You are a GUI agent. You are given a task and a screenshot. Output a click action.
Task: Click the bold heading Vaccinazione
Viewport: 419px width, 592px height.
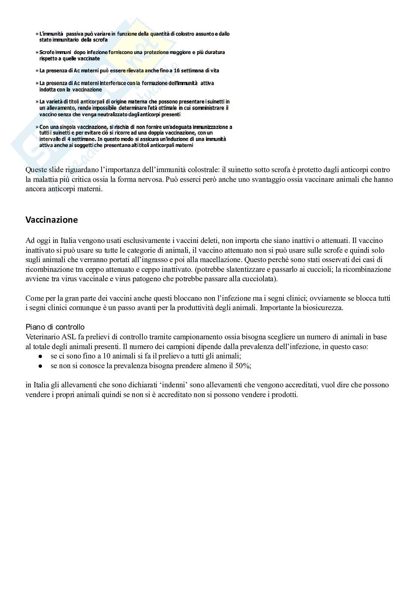click(x=52, y=220)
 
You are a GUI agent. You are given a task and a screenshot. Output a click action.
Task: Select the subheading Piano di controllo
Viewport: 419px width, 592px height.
click(x=55, y=327)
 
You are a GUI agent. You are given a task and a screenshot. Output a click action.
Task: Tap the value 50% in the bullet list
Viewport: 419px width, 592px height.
click(x=242, y=366)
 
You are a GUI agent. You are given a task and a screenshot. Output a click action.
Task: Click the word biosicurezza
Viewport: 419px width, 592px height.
click(x=325, y=308)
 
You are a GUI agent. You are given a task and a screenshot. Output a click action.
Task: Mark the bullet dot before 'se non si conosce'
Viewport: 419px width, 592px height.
click(x=40, y=366)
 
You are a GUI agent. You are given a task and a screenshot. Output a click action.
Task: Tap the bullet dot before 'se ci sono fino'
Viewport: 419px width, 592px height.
click(x=40, y=356)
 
